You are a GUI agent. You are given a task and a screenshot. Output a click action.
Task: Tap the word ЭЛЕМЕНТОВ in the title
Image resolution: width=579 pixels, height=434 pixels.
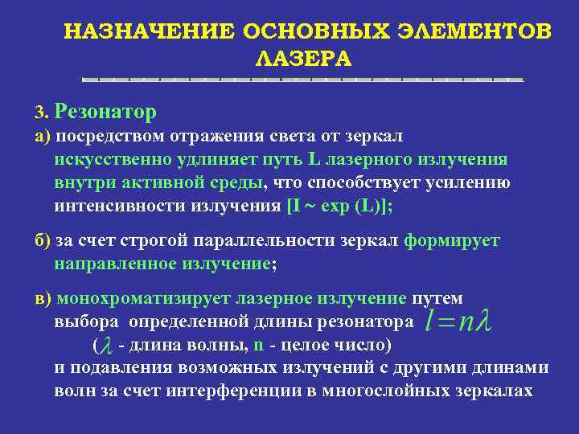pyautogui.click(x=474, y=31)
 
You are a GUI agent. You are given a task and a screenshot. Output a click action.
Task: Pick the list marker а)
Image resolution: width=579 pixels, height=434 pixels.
pyautogui.click(x=42, y=135)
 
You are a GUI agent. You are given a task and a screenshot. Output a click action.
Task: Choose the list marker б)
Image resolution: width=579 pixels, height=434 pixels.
pyautogui.click(x=42, y=240)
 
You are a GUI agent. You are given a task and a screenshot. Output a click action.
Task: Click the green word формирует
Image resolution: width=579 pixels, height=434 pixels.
pyautogui.click(x=452, y=240)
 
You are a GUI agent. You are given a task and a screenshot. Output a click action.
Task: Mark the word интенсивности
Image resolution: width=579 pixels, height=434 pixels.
pyautogui.click(x=119, y=205)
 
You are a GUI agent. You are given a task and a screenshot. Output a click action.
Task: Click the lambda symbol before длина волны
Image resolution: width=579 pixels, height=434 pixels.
pyautogui.click(x=106, y=346)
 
